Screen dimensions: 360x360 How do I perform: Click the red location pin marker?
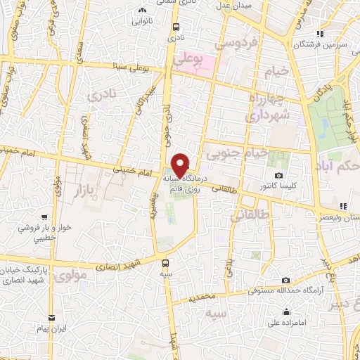[x=181, y=165]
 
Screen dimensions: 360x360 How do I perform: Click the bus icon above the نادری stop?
[x=175, y=27]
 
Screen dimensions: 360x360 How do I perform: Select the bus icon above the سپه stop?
[x=165, y=262]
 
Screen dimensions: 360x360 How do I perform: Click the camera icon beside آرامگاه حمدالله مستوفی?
[x=285, y=281]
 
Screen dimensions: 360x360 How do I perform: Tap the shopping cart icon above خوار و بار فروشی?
[x=45, y=217]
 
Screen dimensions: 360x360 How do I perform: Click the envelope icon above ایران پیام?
[x=51, y=317]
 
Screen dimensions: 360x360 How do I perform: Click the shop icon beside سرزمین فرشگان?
[x=320, y=34]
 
